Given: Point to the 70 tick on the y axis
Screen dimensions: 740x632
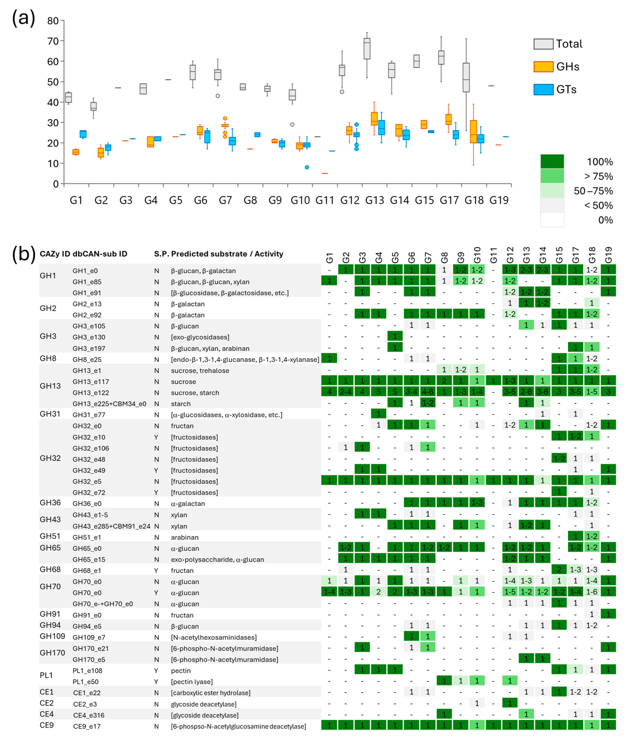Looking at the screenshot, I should point(53,41).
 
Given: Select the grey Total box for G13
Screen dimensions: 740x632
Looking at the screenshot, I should point(367,49).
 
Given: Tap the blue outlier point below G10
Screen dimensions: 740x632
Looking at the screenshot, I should point(307,167).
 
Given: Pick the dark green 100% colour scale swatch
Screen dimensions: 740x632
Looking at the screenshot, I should point(552,162).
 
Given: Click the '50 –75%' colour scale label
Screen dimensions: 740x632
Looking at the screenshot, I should point(593,191).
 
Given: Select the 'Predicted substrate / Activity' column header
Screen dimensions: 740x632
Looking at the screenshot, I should point(227,254).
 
